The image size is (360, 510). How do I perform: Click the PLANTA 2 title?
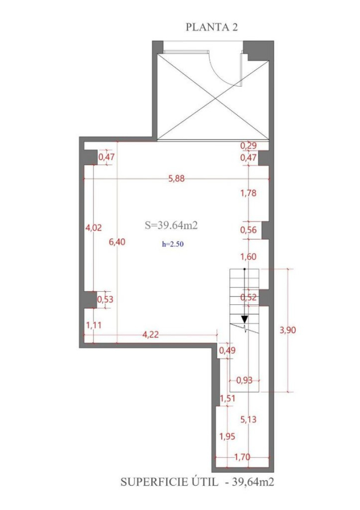click(211, 27)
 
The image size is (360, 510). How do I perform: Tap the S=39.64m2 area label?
click(171, 225)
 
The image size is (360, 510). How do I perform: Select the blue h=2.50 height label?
click(173, 244)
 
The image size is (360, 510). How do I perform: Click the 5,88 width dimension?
click(176, 178)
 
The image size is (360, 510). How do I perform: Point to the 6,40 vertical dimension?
click(117, 241)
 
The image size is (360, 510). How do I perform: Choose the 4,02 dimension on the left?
click(94, 227)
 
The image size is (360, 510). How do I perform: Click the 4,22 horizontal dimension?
click(151, 334)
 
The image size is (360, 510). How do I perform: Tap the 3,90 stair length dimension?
click(288, 330)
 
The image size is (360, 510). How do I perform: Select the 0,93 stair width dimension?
click(244, 380)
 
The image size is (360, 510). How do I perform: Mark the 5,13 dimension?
click(248, 419)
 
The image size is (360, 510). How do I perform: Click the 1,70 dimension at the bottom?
click(242, 457)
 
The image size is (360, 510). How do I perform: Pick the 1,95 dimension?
click(227, 436)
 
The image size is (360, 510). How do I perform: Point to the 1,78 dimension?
click(248, 193)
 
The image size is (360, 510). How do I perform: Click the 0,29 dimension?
click(248, 146)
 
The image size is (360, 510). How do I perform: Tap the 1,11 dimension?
click(94, 325)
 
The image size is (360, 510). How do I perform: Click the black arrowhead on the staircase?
click(244, 320)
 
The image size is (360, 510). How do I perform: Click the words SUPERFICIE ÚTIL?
click(170, 482)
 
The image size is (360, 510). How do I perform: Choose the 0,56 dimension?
click(248, 230)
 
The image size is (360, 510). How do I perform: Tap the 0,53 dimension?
click(105, 299)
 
